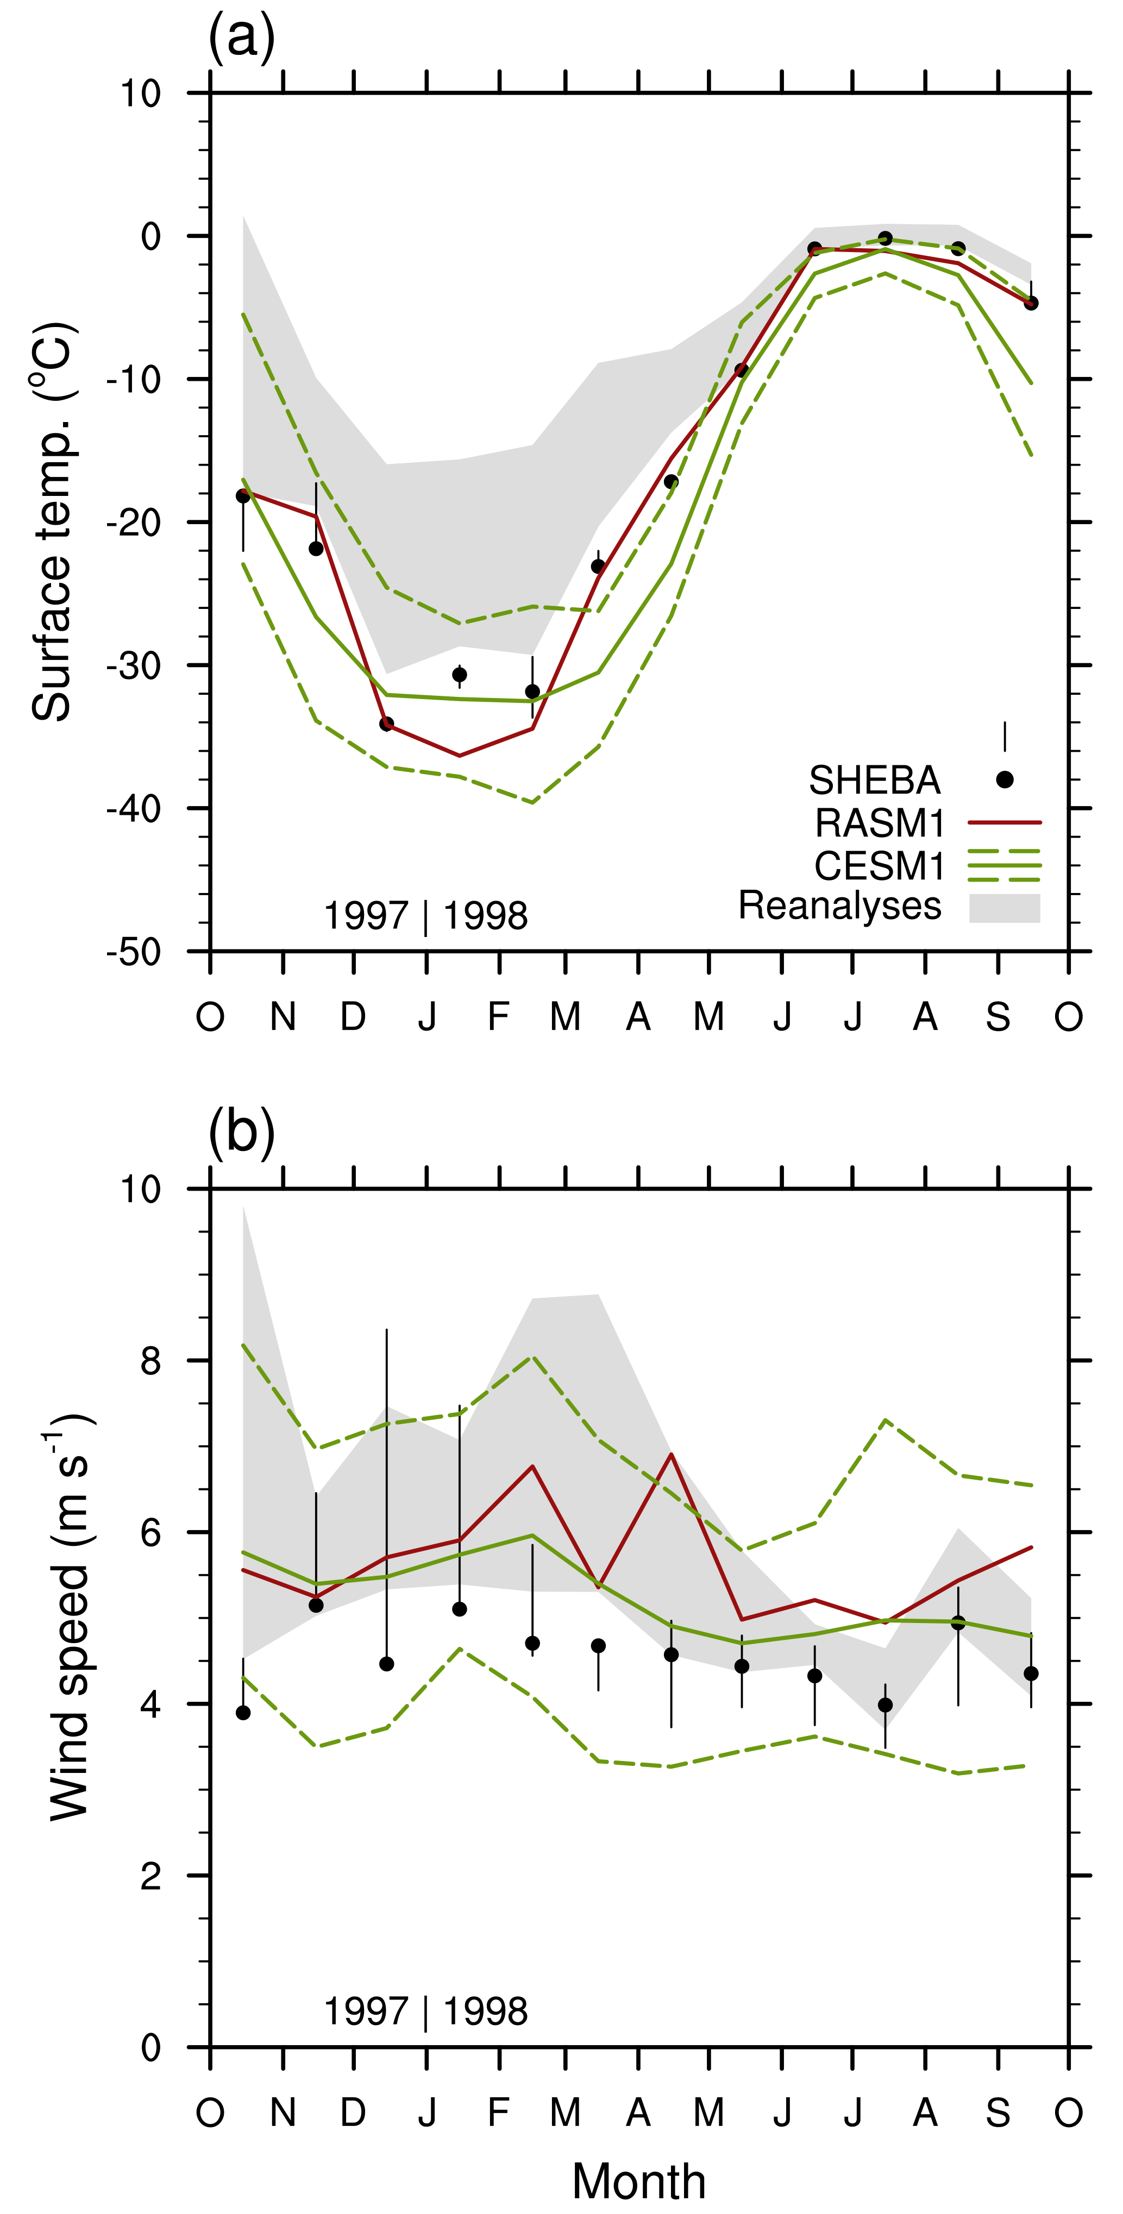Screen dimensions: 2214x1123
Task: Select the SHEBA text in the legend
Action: click(x=875, y=781)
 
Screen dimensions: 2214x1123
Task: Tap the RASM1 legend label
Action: click(x=879, y=823)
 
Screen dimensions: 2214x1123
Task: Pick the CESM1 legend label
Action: click(x=879, y=865)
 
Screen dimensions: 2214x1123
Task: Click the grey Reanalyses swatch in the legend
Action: click(x=1005, y=908)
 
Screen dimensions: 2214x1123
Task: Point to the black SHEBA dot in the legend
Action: click(x=1005, y=779)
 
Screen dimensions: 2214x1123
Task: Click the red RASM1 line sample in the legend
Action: click(x=1005, y=822)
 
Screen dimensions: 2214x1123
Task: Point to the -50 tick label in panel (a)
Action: click(x=134, y=952)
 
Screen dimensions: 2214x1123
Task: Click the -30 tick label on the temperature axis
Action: click(x=134, y=666)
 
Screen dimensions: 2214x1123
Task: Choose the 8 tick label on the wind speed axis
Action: click(x=152, y=1361)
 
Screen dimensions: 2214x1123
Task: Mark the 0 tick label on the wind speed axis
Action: click(x=152, y=2049)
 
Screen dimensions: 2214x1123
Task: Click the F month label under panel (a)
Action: click(x=499, y=1017)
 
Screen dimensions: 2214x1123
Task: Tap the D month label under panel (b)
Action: click(x=353, y=2112)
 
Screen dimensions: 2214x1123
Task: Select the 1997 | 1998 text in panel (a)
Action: click(x=425, y=916)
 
